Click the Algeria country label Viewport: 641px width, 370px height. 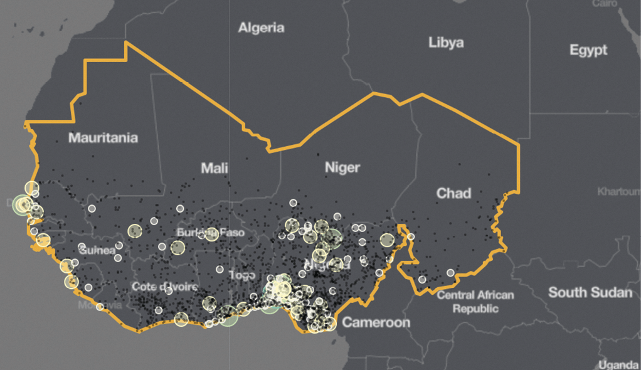(261, 28)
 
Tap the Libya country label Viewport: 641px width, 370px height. (446, 43)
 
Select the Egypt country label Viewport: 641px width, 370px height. (588, 50)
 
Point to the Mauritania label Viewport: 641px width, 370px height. (103, 137)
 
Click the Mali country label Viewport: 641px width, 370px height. (215, 168)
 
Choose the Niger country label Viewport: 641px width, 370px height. (342, 167)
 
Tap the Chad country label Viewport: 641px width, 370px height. (453, 193)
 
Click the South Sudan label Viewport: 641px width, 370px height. (590, 292)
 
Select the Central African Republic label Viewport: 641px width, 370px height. (475, 302)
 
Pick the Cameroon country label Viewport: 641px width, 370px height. (376, 322)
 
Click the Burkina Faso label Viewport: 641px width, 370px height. (210, 233)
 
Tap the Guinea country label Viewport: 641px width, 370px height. (97, 250)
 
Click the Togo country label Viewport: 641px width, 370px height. (242, 275)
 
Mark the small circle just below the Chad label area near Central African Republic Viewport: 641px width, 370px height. (450, 273)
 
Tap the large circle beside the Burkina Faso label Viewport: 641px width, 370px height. (211, 235)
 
